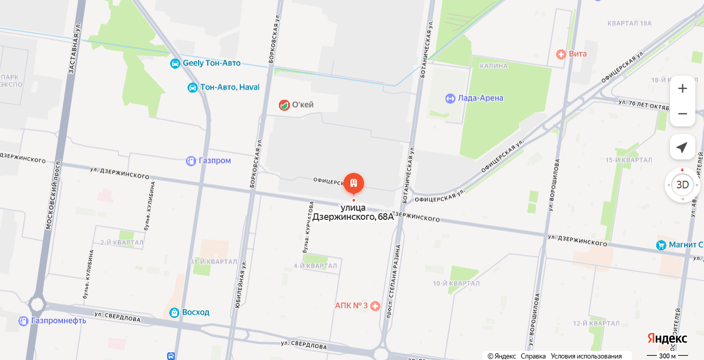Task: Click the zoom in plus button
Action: (682, 88)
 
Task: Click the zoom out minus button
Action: (682, 114)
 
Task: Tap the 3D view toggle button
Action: (682, 185)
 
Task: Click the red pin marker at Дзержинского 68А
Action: (354, 183)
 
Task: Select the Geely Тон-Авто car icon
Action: (175, 63)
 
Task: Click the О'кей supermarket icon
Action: (284, 105)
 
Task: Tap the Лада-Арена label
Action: (481, 99)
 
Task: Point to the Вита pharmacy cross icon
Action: (561, 54)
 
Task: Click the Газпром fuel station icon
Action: (191, 161)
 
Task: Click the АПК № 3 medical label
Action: (351, 306)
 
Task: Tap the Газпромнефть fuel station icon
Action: (23, 321)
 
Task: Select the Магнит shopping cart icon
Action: (661, 245)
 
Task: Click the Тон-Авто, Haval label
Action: (230, 87)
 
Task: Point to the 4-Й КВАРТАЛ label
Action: (315, 266)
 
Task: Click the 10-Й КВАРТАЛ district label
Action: (456, 283)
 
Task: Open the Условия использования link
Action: (586, 356)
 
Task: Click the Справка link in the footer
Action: (533, 356)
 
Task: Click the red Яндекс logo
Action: (667, 339)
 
